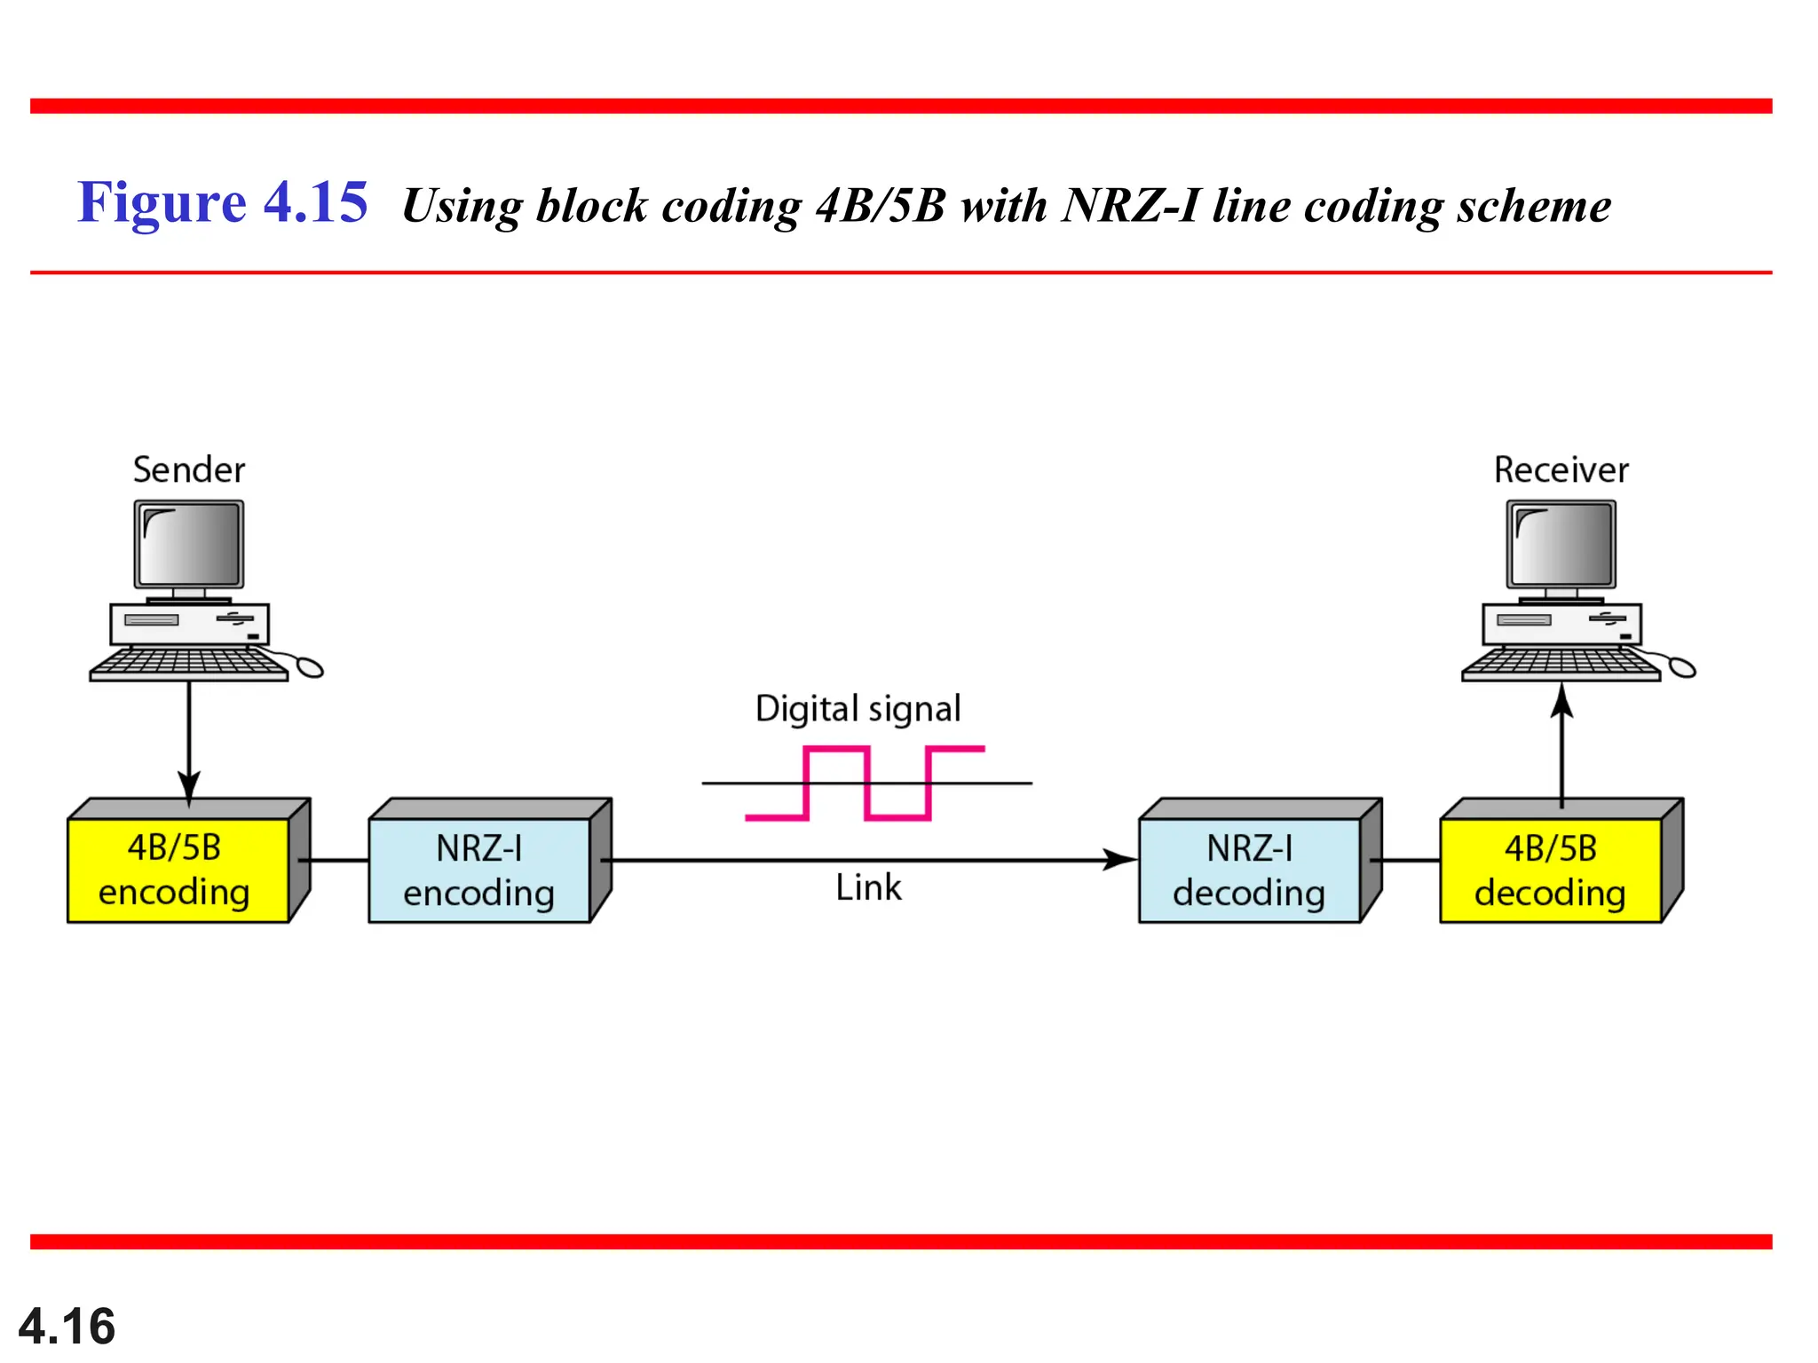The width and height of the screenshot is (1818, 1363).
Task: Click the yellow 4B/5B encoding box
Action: tap(178, 870)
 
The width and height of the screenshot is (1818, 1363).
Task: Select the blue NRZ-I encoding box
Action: tap(479, 870)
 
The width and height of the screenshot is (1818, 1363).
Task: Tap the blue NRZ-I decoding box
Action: tap(1249, 870)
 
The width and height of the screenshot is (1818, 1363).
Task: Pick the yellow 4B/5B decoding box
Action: tap(1550, 870)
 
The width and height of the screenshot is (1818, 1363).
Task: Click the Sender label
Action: tap(189, 469)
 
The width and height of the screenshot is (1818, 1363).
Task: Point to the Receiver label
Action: tap(1561, 469)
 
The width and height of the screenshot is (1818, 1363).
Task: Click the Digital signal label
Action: tap(858, 709)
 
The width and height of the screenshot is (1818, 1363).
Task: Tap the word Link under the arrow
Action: tap(868, 887)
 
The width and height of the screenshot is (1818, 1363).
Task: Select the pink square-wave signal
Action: tap(866, 783)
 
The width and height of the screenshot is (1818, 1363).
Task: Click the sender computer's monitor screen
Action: tap(189, 543)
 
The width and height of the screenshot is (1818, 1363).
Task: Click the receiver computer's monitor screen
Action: tap(1561, 543)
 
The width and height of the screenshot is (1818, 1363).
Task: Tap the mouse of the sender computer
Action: tap(309, 666)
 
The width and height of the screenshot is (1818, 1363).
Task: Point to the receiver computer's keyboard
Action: tap(1560, 664)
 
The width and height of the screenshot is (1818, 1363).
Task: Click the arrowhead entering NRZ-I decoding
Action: tap(1120, 859)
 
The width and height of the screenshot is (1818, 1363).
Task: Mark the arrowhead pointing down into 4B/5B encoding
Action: tap(189, 786)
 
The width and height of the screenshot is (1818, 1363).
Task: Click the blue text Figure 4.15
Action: tap(222, 202)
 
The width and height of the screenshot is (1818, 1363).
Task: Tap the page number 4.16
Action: tap(67, 1326)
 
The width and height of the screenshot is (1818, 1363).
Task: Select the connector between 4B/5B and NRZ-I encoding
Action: tap(334, 860)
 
